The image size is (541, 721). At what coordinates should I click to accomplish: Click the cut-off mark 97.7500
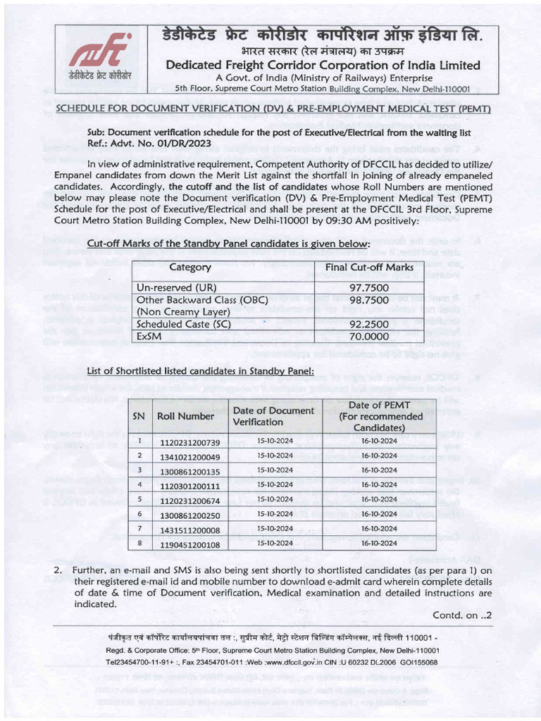pyautogui.click(x=369, y=288)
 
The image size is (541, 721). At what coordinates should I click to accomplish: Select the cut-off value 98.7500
pyautogui.click(x=369, y=300)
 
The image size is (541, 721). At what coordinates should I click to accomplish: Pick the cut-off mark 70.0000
pyautogui.click(x=369, y=337)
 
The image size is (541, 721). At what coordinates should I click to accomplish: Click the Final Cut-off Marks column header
pyautogui.click(x=369, y=268)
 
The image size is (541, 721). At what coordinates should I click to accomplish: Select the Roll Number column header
pyautogui.click(x=185, y=416)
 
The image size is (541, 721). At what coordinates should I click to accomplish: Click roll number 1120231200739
pyautogui.click(x=189, y=442)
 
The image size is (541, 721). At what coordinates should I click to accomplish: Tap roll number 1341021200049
pyautogui.click(x=189, y=456)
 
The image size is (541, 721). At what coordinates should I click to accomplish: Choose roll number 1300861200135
pyautogui.click(x=189, y=471)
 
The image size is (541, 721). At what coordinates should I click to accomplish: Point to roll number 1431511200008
pyautogui.click(x=189, y=529)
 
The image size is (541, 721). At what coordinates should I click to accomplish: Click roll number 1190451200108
pyautogui.click(x=189, y=544)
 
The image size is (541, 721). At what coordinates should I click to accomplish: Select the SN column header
pyautogui.click(x=139, y=416)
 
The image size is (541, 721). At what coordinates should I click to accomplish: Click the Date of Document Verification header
pyautogui.click(x=273, y=416)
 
